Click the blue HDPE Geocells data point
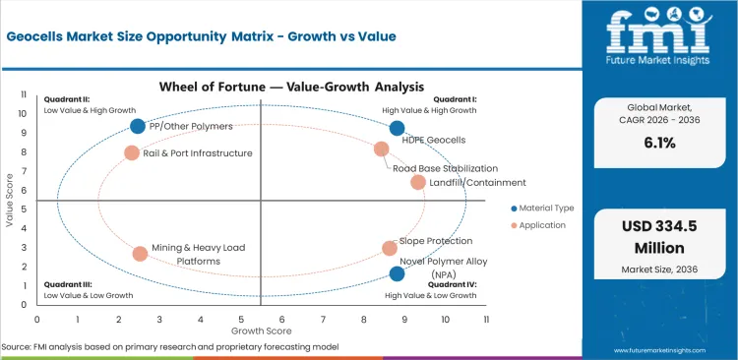[397, 128]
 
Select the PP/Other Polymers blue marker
[138, 126]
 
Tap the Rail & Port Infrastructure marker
[132, 152]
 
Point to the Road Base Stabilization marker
[382, 149]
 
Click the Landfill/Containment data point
[418, 182]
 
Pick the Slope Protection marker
[390, 248]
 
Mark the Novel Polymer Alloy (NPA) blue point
[397, 273]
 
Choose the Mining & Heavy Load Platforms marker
[140, 253]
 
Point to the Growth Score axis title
[261, 332]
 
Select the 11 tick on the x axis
[485, 319]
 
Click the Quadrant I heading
[456, 99]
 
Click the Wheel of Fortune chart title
[261, 87]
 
